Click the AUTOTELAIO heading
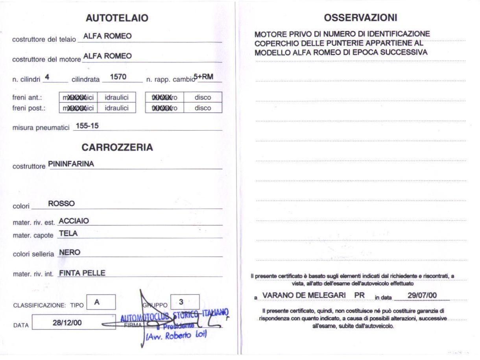pyautogui.click(x=117, y=18)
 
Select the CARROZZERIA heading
pyautogui.click(x=117, y=148)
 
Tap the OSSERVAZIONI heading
pyautogui.click(x=360, y=18)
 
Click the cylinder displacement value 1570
pyautogui.click(x=118, y=77)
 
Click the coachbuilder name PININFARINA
pyautogui.click(x=71, y=164)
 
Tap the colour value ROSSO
pyautogui.click(x=61, y=204)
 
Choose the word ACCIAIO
pyautogui.click(x=74, y=221)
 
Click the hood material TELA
pyautogui.click(x=68, y=233)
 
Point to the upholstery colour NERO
pyautogui.click(x=70, y=253)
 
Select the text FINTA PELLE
pyautogui.click(x=82, y=273)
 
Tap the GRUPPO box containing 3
pyautogui.click(x=185, y=302)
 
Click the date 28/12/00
pyautogui.click(x=68, y=322)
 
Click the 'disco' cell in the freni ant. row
pyautogui.click(x=203, y=97)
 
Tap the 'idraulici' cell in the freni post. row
pyautogui.click(x=116, y=108)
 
